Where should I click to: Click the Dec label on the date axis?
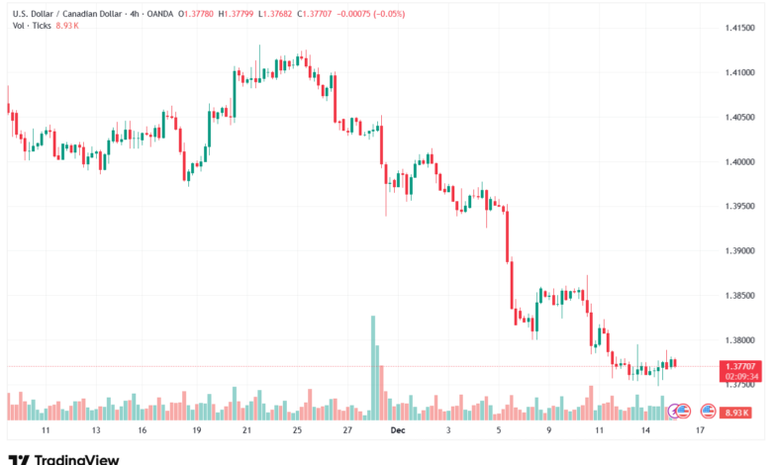click(396, 431)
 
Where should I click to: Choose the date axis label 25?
click(297, 431)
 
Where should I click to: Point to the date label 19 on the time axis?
click(197, 431)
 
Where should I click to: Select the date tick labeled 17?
click(700, 431)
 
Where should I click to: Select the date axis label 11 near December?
click(599, 431)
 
